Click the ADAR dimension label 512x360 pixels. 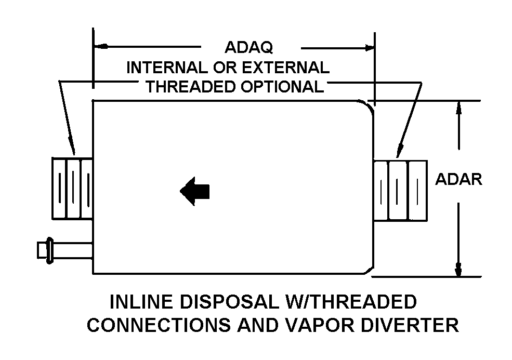(x=458, y=179)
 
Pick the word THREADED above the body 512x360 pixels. (x=189, y=86)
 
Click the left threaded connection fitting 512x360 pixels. (x=72, y=188)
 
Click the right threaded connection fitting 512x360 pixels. (x=400, y=190)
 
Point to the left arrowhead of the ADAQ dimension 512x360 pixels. (x=99, y=47)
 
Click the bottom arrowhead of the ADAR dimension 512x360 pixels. (x=458, y=270)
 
